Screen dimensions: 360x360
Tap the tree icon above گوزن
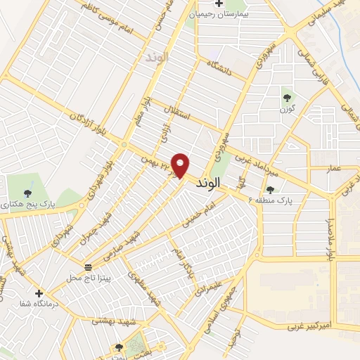285,98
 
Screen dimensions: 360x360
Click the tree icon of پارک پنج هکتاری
28,193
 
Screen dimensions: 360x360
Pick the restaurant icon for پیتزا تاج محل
89,268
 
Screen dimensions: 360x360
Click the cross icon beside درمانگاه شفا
39,293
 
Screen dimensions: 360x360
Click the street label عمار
335,168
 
